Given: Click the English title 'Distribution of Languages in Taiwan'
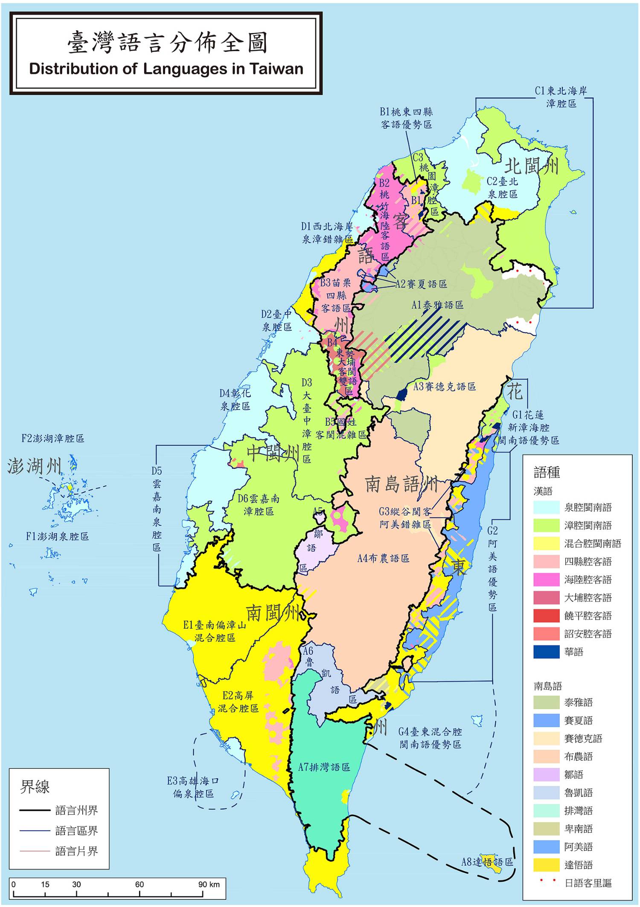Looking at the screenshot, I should click(166, 69).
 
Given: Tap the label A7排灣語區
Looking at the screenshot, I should click(324, 767).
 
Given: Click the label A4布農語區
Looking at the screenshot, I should click(383, 558).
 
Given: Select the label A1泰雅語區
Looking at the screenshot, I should click(437, 305).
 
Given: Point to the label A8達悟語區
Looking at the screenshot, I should click(487, 862).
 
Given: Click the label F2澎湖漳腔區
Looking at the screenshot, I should click(53, 438).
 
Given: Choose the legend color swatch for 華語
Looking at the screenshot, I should click(546, 652).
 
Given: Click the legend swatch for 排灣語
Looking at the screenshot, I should click(546, 811).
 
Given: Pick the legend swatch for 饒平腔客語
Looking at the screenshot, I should click(546, 616).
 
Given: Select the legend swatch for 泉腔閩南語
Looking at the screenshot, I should click(546, 507).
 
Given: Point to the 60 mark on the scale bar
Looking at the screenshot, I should click(140, 884).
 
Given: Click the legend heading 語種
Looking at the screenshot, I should click(547, 472).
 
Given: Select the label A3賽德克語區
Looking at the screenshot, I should click(445, 387).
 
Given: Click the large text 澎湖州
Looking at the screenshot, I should click(35, 467).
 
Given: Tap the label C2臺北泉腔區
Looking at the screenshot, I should click(503, 188).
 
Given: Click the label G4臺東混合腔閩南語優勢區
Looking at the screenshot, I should click(430, 738).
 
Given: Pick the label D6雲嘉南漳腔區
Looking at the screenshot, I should click(259, 505).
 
